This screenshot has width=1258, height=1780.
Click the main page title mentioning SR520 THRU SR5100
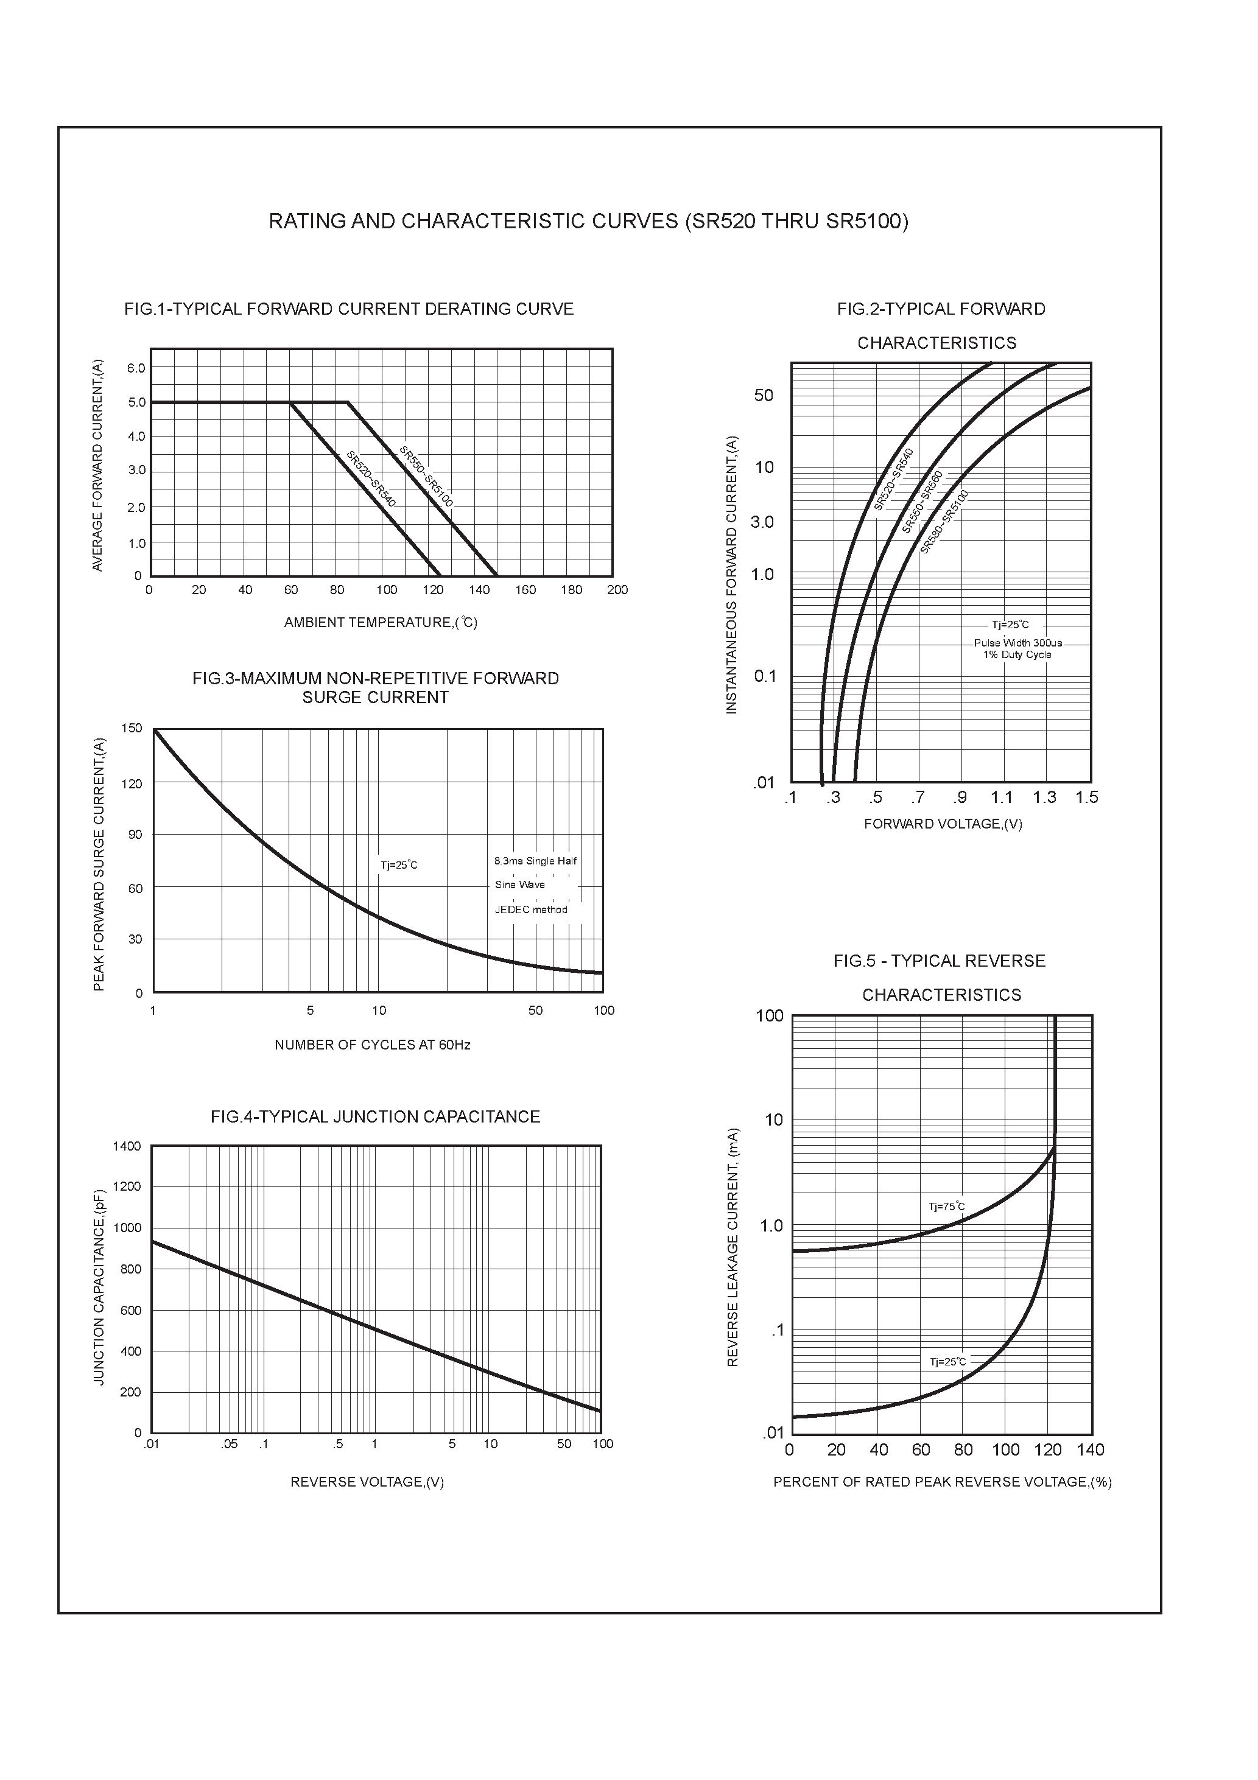588,222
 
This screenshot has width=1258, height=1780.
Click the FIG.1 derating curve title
349,309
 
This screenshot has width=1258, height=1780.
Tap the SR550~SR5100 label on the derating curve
426,476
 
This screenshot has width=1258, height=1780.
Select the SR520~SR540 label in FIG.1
371,479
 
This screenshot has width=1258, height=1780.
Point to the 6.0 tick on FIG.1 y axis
136,368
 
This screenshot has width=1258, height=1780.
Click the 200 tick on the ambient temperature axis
617,590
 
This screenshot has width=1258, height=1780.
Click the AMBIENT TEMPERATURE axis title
380,623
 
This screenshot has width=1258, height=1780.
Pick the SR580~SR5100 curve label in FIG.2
944,522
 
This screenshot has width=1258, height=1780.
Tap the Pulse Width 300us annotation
1017,643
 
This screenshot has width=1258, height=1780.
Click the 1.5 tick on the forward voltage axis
1087,797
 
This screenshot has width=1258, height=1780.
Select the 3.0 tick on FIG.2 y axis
762,522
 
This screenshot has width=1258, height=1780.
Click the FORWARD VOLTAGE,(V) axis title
943,824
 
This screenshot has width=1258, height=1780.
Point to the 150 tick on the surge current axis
132,728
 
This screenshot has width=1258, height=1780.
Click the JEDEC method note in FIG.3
532,910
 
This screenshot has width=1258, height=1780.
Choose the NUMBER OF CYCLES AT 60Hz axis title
372,1045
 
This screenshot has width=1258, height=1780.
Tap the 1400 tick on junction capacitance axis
127,1147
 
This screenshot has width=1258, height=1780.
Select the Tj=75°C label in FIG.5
947,1207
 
